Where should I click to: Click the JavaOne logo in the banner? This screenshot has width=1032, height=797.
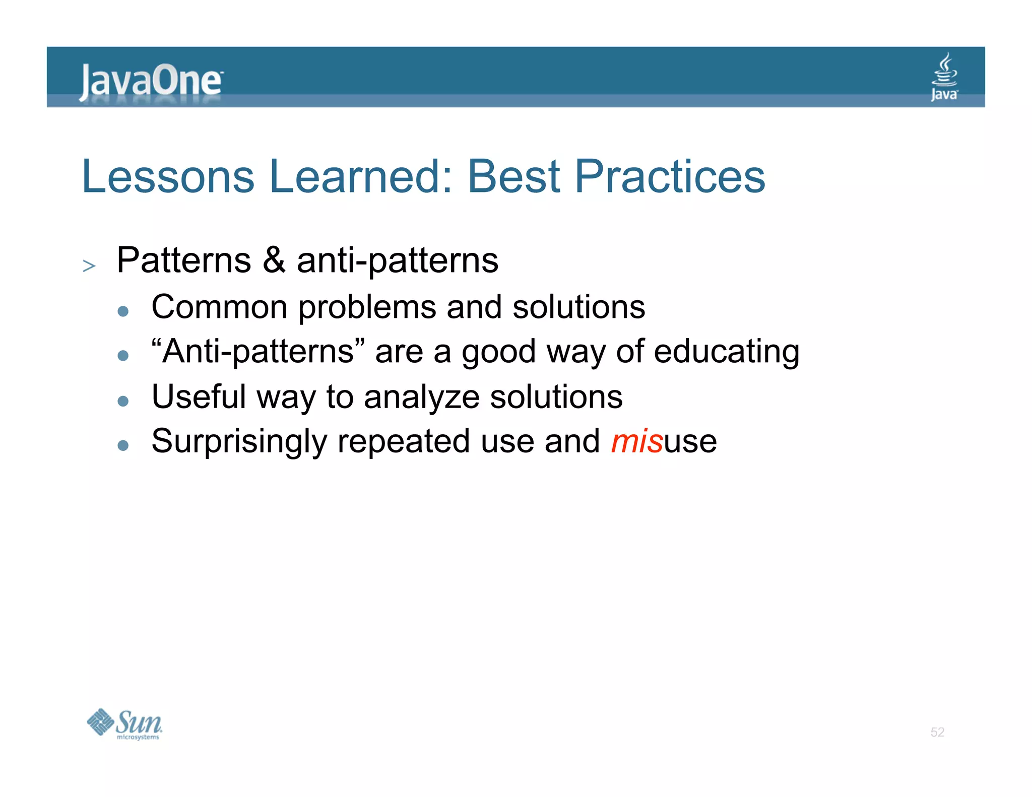tap(150, 81)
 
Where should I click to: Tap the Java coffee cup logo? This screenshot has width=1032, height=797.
tap(944, 77)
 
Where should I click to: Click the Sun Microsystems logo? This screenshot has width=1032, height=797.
tap(124, 724)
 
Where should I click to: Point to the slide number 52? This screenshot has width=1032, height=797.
tap(937, 732)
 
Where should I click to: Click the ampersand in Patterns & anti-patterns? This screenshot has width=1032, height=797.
tap(274, 260)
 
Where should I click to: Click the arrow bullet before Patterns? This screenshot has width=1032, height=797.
tap(89, 265)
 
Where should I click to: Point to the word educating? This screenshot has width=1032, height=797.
tap(726, 352)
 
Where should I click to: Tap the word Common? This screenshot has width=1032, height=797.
tap(219, 307)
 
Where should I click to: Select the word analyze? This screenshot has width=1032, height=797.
tap(421, 397)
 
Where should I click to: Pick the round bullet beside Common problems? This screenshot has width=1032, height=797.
tap(123, 311)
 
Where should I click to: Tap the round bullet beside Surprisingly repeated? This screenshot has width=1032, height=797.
tap(123, 445)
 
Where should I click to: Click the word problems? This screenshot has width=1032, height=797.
tap(367, 308)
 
